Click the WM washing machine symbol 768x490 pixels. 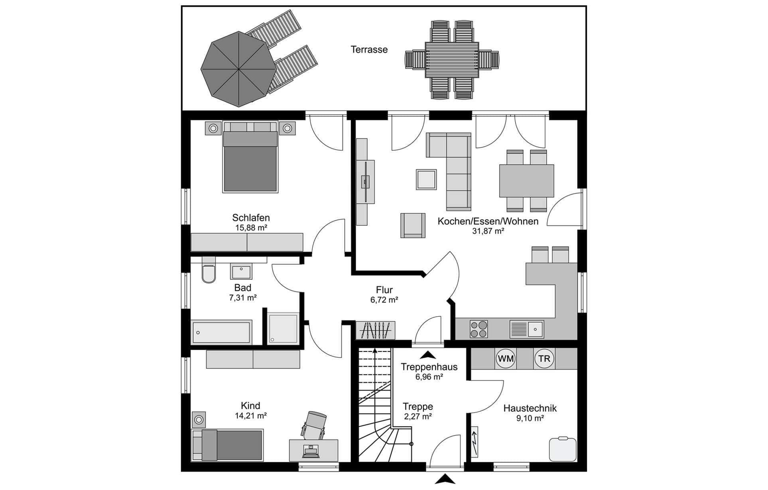click(506, 359)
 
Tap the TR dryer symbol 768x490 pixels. click(544, 359)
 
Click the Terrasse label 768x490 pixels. click(369, 50)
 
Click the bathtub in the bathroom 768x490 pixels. click(221, 332)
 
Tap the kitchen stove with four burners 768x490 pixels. click(479, 329)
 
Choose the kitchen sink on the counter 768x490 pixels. click(526, 329)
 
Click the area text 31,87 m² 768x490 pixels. click(488, 231)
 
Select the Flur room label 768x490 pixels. click(384, 290)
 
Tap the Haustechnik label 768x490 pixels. click(530, 408)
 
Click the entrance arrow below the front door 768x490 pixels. click(445, 479)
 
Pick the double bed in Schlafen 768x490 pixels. click(250, 157)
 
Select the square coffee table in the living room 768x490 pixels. click(426, 180)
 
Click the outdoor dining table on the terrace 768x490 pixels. click(452, 60)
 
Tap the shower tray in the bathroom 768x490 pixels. click(283, 328)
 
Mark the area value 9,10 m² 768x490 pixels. click(530, 418)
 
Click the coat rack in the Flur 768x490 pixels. click(375, 330)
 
